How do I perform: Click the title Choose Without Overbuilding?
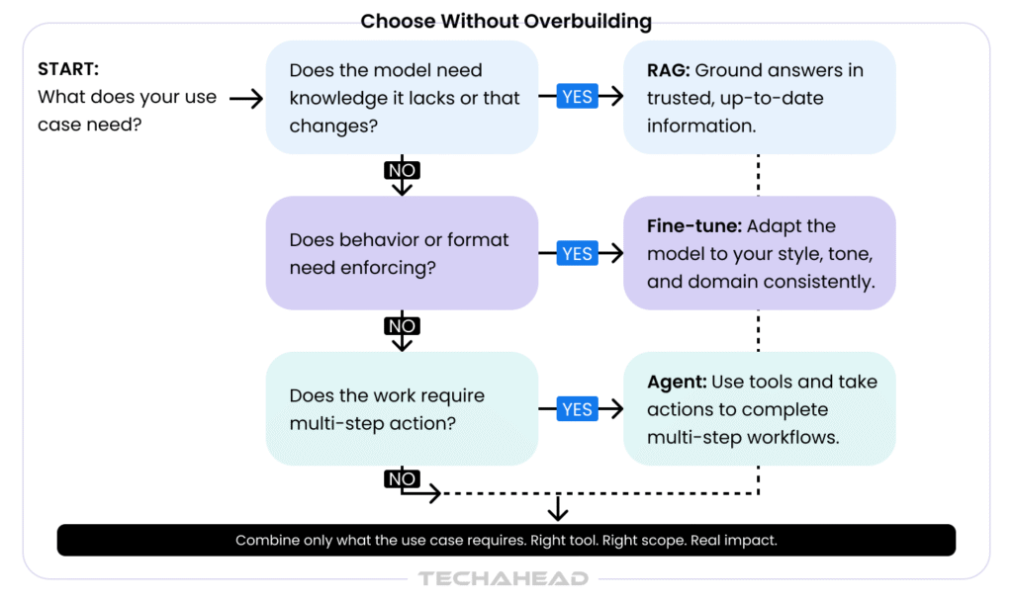click(506, 22)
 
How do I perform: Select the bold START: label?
click(68, 69)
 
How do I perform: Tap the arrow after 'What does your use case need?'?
click(246, 98)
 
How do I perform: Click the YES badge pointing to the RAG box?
click(577, 96)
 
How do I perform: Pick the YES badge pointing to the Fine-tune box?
click(577, 253)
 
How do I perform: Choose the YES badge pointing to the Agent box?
click(577, 409)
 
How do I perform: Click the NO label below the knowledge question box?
click(402, 170)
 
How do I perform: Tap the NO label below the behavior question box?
click(402, 326)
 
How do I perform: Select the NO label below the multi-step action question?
click(402, 478)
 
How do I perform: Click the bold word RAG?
click(669, 69)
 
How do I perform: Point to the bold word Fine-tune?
click(694, 225)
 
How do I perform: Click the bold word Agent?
click(677, 382)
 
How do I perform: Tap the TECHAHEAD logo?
click(504, 578)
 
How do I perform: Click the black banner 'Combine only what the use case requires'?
click(506, 540)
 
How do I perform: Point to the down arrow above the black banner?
click(558, 508)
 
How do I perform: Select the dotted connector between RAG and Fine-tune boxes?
click(758, 175)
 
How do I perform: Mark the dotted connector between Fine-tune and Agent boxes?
click(758, 331)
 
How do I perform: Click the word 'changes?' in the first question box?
click(333, 126)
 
